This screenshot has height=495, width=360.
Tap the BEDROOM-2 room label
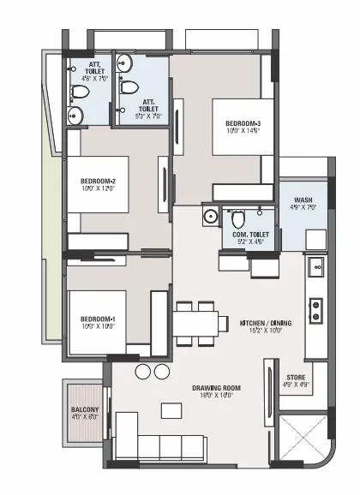click(98, 181)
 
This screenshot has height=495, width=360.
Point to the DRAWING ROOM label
click(215, 388)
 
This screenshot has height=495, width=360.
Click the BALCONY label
click(85, 410)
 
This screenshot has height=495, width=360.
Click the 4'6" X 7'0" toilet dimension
click(83, 78)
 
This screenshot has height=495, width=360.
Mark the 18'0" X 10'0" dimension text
click(215, 397)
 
